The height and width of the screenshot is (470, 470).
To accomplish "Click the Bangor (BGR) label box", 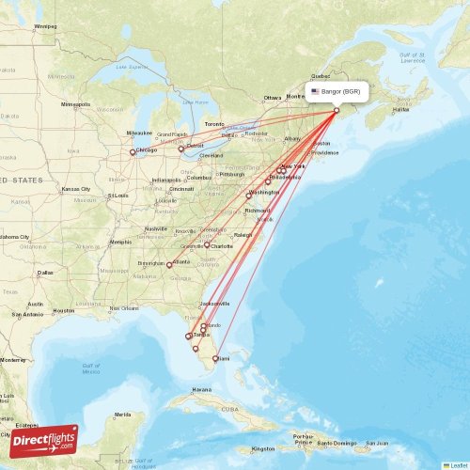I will pyautogui.click(x=337, y=92).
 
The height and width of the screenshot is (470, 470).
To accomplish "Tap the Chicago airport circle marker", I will pyautogui.click(x=133, y=152).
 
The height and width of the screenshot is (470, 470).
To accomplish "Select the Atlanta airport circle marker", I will pyautogui.click(x=169, y=265).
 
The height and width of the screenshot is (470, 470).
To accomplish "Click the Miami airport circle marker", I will pyautogui.click(x=215, y=358).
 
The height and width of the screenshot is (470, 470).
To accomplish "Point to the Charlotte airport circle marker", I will pyautogui.click(x=207, y=245).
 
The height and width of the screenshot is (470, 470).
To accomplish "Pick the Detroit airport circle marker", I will pyautogui.click(x=181, y=149).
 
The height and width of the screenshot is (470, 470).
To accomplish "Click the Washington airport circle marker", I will pyautogui.click(x=249, y=196).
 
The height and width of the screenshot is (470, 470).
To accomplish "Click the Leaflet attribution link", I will pyautogui.click(x=459, y=465).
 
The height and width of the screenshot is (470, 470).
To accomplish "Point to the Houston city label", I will pyautogui.click(x=64, y=310).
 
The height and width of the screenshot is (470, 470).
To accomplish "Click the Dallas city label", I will pyautogui.click(x=46, y=273).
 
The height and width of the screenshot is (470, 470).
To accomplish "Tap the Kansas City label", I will pyautogui.click(x=77, y=189).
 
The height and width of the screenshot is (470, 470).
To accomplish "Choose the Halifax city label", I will pyautogui.click(x=400, y=110).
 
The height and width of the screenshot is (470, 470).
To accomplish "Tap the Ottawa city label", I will pyautogui.click(x=273, y=98).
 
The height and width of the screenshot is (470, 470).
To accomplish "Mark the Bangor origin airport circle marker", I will pyautogui.click(x=337, y=111).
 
